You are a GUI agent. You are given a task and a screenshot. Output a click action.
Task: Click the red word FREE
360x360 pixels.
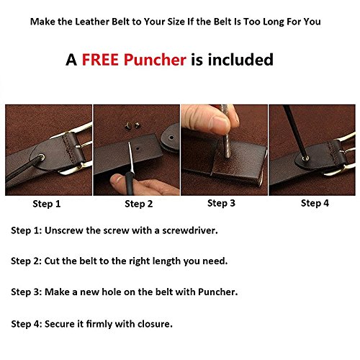pyautogui.click(x=100, y=60)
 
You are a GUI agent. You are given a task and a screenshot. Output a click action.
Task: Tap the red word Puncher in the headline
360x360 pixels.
pyautogui.click(x=155, y=60)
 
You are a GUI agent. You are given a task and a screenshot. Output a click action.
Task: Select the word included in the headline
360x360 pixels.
pyautogui.click(x=240, y=60)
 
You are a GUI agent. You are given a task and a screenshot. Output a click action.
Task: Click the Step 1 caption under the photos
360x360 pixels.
pyautogui.click(x=47, y=204)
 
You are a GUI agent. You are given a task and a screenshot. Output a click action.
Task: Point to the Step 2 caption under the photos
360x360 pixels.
pyautogui.click(x=139, y=204)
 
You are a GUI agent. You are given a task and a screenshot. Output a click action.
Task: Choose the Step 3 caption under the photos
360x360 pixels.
pyautogui.click(x=221, y=203)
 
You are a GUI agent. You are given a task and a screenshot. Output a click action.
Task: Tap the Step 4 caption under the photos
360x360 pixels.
pyautogui.click(x=315, y=203)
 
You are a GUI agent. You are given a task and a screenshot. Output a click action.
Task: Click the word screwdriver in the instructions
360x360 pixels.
pyautogui.click(x=190, y=230)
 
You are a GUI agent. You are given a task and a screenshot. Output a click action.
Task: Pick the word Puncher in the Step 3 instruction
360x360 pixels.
pyautogui.click(x=217, y=292)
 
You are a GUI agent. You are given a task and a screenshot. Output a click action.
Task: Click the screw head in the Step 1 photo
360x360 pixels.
pyautogui.click(x=42, y=158)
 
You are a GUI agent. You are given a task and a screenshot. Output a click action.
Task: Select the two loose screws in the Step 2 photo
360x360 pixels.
pyautogui.click(x=132, y=125)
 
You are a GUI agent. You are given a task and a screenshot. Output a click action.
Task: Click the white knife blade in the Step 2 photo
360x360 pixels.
pyautogui.click(x=130, y=156)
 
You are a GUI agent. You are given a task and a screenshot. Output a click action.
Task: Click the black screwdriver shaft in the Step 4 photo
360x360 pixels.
pyautogui.click(x=294, y=131)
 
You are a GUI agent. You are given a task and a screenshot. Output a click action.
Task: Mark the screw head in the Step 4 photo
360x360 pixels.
pyautogui.click(x=305, y=158)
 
